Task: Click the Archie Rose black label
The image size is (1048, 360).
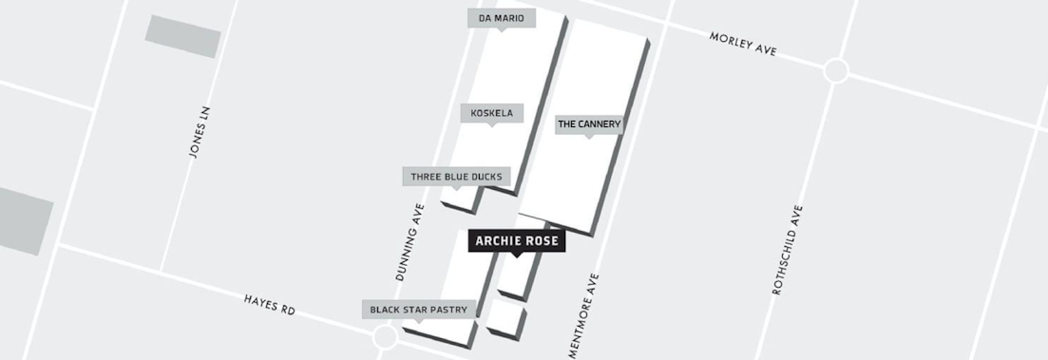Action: [x=518, y=241]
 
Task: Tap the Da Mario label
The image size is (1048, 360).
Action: [x=502, y=18]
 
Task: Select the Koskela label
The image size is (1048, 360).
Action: [x=491, y=113]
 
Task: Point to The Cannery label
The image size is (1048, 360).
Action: [x=589, y=124]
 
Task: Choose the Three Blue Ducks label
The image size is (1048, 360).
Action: [x=457, y=177]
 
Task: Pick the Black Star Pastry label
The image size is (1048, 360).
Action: [x=419, y=310]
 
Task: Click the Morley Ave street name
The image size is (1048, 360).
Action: [x=742, y=44]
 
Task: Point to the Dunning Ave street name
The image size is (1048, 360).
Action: [x=410, y=241]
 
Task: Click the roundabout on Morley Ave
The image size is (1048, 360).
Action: [x=836, y=70]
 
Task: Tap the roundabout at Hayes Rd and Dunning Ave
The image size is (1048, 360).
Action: [x=385, y=337]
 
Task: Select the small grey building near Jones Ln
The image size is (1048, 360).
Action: [x=182, y=35]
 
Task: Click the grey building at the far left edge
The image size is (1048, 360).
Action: [x=23, y=220]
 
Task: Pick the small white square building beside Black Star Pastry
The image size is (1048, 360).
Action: [x=505, y=317]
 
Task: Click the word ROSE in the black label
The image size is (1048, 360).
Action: [x=543, y=241]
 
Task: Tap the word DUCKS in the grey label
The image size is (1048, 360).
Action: [x=487, y=177]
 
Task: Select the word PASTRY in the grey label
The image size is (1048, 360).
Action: [x=450, y=310]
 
